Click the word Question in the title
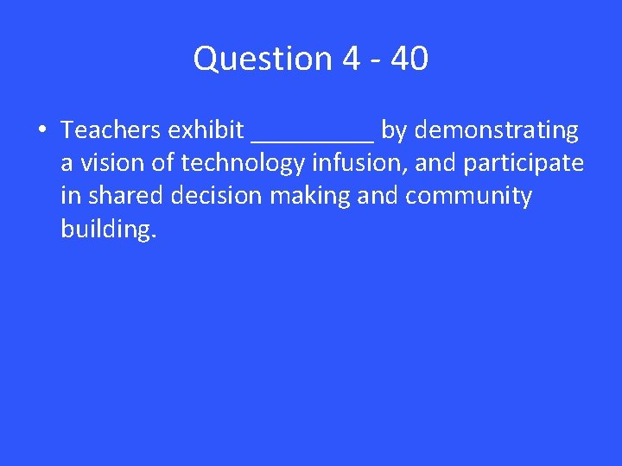pyautogui.click(x=263, y=60)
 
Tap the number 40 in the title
pyautogui.click(x=409, y=59)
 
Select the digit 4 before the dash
pyautogui.click(x=351, y=59)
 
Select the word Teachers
pyautogui.click(x=111, y=130)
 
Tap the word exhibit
pyautogui.click(x=206, y=130)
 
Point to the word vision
pyautogui.click(x=107, y=163)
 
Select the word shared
pyautogui.click(x=124, y=196)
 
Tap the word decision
pyautogui.click(x=216, y=196)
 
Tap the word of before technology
pyautogui.click(x=163, y=163)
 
